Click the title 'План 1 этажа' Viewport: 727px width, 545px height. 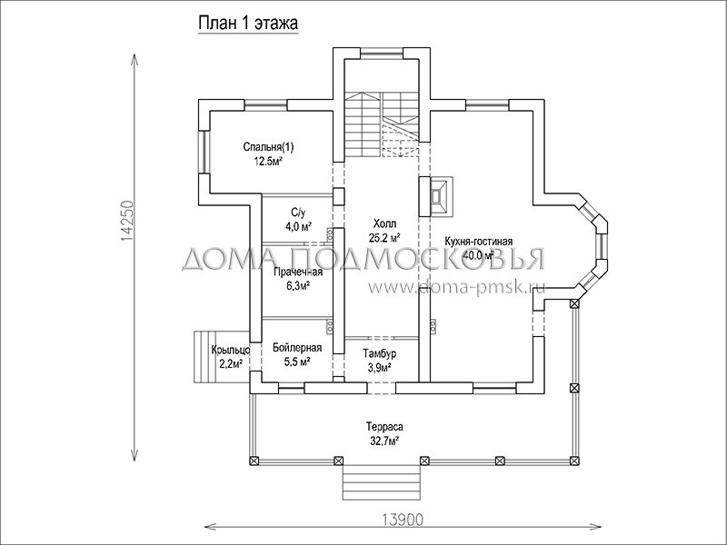[248, 24]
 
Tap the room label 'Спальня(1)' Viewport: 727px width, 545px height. [268, 147]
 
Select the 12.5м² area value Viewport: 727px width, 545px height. [268, 161]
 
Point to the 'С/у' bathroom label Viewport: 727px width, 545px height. [299, 213]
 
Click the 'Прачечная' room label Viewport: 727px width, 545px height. [298, 272]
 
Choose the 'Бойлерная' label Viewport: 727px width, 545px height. [297, 348]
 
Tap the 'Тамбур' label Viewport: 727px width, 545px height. [380, 354]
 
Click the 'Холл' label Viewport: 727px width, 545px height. [384, 224]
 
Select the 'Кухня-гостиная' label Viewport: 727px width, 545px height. [479, 242]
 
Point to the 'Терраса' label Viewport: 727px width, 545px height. [384, 426]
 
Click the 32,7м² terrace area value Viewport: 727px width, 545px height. [384, 441]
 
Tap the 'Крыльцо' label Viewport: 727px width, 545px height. [231, 350]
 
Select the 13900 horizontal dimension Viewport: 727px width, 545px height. [403, 520]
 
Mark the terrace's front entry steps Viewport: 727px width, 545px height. [382, 483]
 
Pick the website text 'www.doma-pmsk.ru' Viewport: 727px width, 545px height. [457, 287]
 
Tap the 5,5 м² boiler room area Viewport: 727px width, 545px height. [297, 362]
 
